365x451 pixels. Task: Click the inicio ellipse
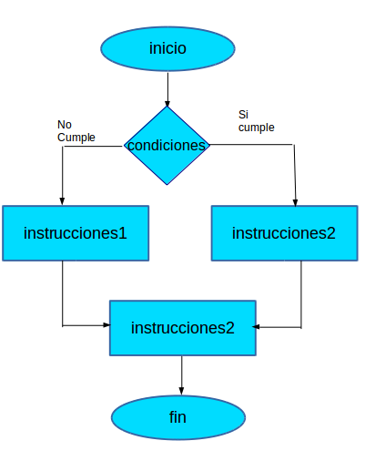click(167, 48)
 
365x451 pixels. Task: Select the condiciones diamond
click(167, 146)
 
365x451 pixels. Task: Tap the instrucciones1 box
click(76, 233)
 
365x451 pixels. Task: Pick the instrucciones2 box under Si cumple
click(284, 233)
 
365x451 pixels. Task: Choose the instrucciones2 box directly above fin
click(182, 327)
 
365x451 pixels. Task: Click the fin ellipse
click(177, 418)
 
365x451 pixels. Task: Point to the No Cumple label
click(76, 130)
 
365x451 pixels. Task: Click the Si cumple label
click(256, 121)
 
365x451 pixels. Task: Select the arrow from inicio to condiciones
click(167, 88)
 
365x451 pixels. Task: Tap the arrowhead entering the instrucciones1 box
click(62, 200)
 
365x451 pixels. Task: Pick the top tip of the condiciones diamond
click(167, 107)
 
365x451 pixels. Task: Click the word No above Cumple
click(64, 124)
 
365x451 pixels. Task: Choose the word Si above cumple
click(243, 115)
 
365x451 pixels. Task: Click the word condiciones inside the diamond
click(167, 146)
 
